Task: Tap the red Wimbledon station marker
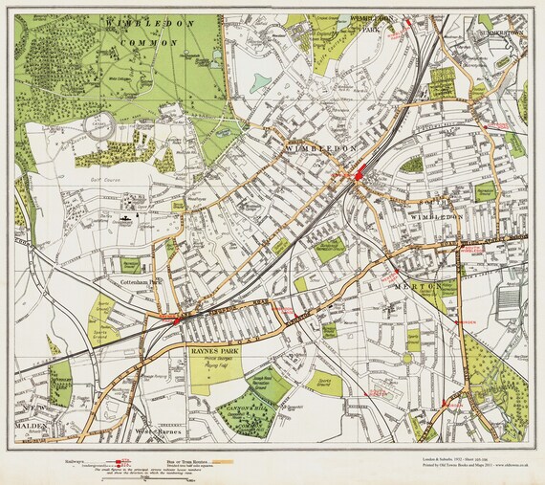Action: [x=360, y=176]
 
